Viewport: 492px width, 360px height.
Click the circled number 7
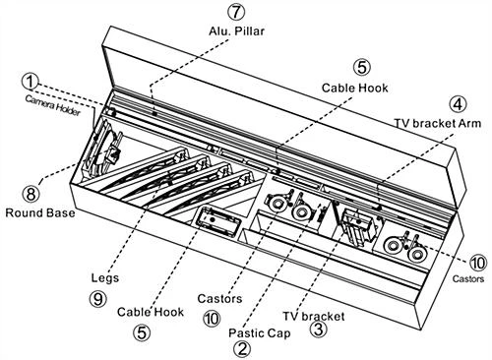pyautogui.click(x=236, y=12)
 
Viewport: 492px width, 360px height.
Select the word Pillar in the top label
pyautogui.click(x=250, y=31)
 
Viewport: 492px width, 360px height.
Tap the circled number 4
pyautogui.click(x=458, y=104)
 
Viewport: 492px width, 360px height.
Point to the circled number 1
pyautogui.click(x=30, y=82)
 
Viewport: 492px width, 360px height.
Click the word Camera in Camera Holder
pyautogui.click(x=39, y=101)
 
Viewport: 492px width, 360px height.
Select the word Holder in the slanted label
pyautogui.click(x=68, y=109)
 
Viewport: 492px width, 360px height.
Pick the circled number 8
pyautogui.click(x=31, y=194)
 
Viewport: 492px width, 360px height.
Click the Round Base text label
pyautogui.click(x=40, y=212)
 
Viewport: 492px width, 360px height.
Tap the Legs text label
pyautogui.click(x=105, y=278)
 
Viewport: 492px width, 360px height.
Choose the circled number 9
pyautogui.click(x=98, y=299)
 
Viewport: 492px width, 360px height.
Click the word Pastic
pyautogui.click(x=244, y=333)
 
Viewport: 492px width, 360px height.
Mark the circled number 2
pyautogui.click(x=242, y=349)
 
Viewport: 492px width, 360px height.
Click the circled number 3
pyautogui.click(x=319, y=329)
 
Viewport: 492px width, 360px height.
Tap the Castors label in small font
pyautogui.click(x=468, y=279)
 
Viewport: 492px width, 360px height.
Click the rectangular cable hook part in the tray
pyautogui.click(x=217, y=221)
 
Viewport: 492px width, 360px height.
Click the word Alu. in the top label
pyautogui.click(x=220, y=31)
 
